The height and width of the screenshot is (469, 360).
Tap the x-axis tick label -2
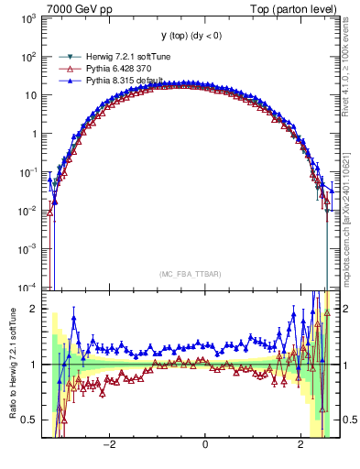(108, 444)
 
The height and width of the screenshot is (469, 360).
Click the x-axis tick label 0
(205, 444)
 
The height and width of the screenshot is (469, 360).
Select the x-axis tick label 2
(301, 444)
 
